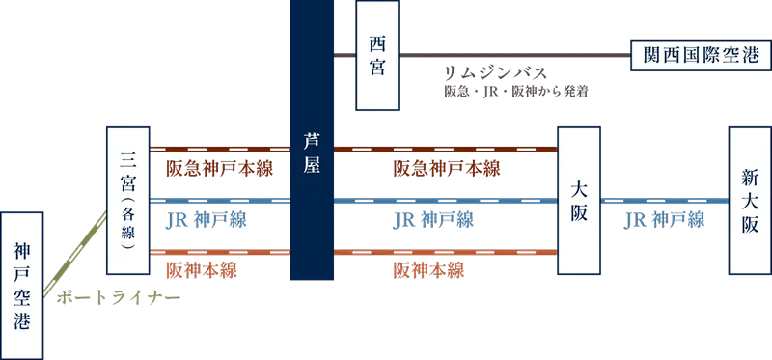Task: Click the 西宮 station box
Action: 377,55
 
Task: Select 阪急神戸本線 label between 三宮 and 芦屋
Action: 220,169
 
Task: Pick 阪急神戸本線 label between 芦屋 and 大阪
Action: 448,169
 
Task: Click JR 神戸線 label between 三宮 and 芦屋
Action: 206,221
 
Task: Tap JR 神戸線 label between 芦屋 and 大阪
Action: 433,221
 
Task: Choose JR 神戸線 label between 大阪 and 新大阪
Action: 664,221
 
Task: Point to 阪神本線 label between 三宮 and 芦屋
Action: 203,270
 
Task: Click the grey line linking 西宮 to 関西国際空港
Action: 511,56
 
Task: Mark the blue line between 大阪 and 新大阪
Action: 664,201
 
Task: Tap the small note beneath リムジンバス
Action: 515,93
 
